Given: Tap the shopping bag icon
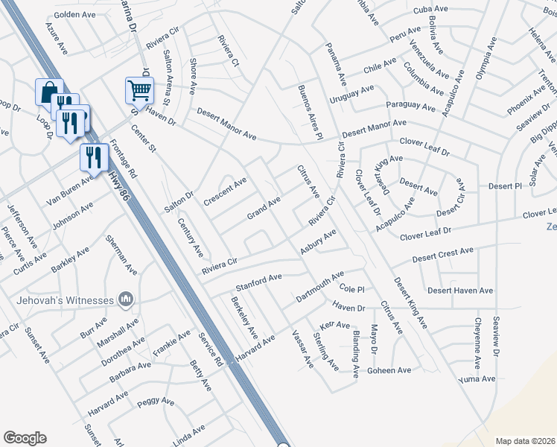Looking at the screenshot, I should [48, 93].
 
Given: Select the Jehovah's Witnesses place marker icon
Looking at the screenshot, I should [126, 299].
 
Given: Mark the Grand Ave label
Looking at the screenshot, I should [264, 209].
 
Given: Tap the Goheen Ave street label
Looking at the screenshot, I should [389, 370].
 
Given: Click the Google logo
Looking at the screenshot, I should [25, 438].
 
